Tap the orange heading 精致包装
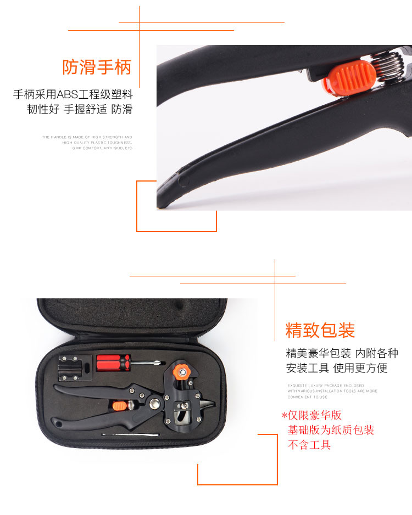point(320,330)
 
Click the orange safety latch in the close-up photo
point(341,76)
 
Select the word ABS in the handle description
point(68,94)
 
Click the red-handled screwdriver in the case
point(113,361)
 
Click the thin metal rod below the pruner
point(130,435)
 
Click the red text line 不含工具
point(309,445)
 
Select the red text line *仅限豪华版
point(311,415)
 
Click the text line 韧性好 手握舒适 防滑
point(80,109)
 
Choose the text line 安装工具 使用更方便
point(336,368)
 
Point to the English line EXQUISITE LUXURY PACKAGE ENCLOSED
point(325,386)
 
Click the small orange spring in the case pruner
point(119,406)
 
